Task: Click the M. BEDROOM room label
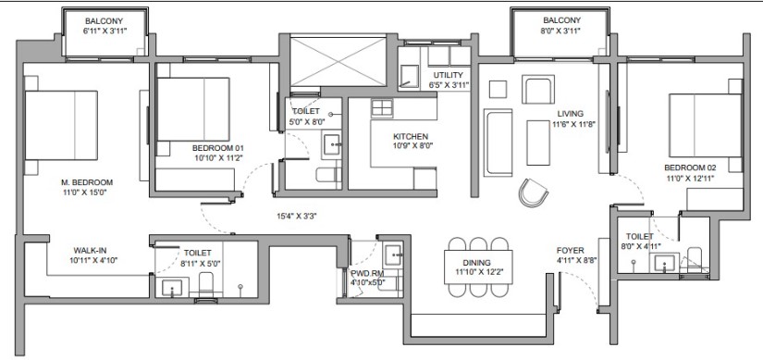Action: coord(87,182)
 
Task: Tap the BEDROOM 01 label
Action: coord(218,148)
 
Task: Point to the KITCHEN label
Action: coord(411,136)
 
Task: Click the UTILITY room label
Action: coord(449,75)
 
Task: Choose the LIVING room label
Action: coord(571,114)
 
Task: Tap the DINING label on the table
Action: coord(477,263)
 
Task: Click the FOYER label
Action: coord(571,251)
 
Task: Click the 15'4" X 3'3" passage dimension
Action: coord(297,217)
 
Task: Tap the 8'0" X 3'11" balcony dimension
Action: coord(561,31)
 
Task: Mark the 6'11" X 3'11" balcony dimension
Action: coord(104,31)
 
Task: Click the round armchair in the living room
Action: coord(534,192)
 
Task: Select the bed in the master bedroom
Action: coord(61,125)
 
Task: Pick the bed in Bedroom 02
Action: coord(705,125)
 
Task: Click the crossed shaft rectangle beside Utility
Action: coord(338,61)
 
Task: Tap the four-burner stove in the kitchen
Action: coord(382,108)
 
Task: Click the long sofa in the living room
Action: coord(498,143)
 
